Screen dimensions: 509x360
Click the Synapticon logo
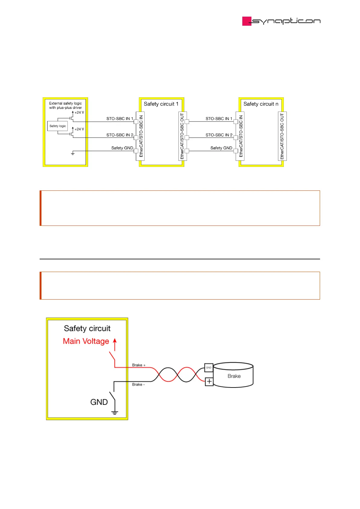(281, 21)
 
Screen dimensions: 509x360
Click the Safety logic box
(57, 126)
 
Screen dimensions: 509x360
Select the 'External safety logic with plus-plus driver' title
(65, 105)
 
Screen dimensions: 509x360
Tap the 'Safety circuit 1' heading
(161, 104)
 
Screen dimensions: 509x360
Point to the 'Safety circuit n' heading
(261, 104)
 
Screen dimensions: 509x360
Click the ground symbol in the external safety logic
(73, 154)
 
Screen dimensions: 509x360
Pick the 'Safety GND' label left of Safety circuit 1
(122, 148)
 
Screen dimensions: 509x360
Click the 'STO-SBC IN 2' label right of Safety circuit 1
(219, 135)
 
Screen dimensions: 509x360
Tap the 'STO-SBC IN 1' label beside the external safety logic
(120, 119)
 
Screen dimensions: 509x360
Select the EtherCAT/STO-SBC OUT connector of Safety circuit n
(282, 136)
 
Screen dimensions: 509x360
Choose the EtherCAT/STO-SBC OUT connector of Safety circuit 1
(182, 136)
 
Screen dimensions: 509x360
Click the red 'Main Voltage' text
(86, 341)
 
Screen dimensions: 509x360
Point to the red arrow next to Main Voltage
(115, 344)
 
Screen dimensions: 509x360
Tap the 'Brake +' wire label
(139, 365)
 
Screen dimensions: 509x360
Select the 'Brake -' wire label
(138, 384)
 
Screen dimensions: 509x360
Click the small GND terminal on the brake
(209, 368)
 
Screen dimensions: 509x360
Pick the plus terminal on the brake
(209, 381)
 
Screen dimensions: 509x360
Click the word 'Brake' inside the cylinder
(234, 376)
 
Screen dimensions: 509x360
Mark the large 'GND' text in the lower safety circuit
(99, 402)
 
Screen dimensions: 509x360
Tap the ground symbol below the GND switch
(115, 413)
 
